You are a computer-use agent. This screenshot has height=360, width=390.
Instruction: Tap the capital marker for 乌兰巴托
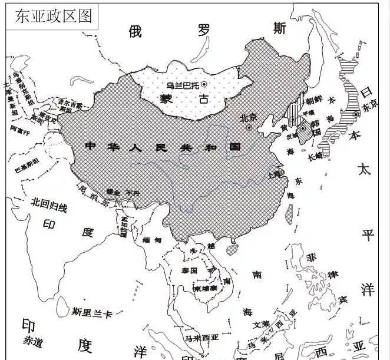203,85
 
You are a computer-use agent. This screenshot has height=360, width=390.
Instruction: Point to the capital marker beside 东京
356,114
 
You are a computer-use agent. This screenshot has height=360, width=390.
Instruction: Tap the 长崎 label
316,156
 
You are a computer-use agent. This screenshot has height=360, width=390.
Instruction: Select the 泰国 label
190,270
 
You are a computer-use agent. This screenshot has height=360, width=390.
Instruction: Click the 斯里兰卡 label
91,312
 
